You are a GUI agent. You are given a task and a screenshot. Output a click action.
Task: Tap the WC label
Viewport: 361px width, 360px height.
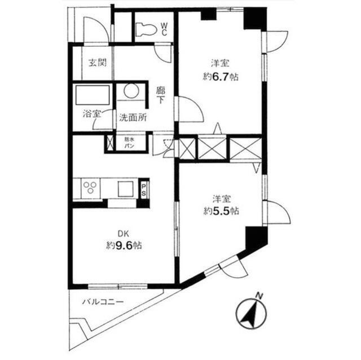tap(163, 28)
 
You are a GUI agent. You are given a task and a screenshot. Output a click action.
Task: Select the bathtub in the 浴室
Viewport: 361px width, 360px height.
tap(92, 95)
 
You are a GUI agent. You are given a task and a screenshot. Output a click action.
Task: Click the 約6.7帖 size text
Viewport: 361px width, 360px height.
tap(221, 77)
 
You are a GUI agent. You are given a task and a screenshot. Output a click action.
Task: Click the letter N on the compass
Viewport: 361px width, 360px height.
tap(258, 296)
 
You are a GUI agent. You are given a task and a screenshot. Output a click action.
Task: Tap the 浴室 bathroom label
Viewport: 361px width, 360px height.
tap(91, 113)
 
